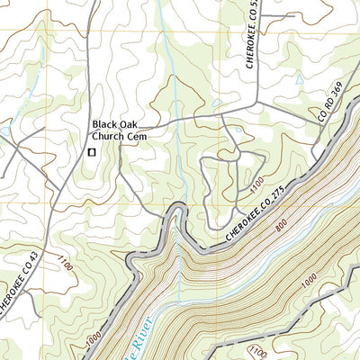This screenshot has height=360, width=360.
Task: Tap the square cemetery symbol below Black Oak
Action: [x=91, y=154]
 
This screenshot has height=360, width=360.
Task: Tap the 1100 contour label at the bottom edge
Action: [x=257, y=352]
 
